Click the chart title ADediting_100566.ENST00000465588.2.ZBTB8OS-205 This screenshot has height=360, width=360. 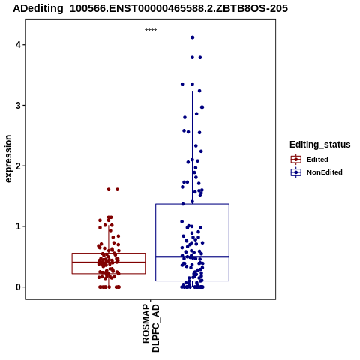(150, 8)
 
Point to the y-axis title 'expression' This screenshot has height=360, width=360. (8, 159)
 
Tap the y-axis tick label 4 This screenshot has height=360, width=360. (18, 45)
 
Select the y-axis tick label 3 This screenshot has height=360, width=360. (18, 106)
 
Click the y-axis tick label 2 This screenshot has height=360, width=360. (18, 166)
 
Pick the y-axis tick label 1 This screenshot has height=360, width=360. (18, 226)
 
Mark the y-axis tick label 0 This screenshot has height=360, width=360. (18, 287)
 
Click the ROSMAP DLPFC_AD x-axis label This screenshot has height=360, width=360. (151, 328)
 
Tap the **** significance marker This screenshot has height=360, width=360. (151, 30)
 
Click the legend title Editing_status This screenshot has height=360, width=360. (320, 145)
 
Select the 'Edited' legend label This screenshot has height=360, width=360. (317, 160)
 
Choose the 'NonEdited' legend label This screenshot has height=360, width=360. (325, 172)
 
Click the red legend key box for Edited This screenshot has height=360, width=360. (296, 160)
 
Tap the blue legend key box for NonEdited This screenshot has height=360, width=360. (296, 172)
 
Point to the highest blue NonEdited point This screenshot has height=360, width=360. (193, 37)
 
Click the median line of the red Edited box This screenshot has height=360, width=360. (109, 262)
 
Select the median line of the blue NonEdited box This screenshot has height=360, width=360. (193, 256)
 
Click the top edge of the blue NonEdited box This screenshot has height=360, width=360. (193, 204)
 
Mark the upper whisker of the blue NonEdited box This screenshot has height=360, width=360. (193, 148)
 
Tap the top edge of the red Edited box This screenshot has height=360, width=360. (109, 253)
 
